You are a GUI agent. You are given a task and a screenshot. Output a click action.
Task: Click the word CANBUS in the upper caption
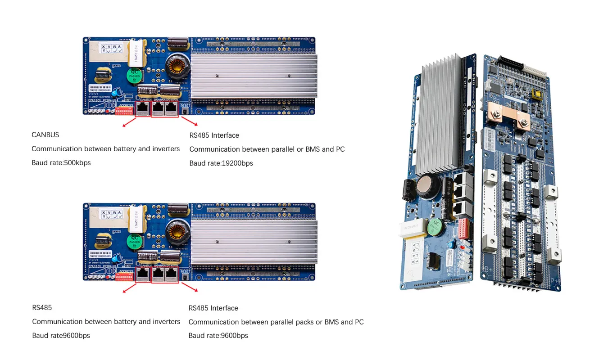[45, 135]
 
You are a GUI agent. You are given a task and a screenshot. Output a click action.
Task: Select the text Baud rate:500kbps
[61, 163]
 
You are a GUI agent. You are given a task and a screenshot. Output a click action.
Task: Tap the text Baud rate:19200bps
[221, 163]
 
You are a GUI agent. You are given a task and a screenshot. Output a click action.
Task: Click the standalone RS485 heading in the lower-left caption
[42, 308]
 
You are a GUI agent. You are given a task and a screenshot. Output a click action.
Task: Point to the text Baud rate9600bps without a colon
[61, 336]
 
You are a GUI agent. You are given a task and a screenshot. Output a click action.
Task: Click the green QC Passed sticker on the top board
[134, 75]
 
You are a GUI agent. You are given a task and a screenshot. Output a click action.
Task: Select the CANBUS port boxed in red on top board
[143, 108]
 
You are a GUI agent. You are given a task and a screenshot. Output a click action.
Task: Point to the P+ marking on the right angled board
[555, 280]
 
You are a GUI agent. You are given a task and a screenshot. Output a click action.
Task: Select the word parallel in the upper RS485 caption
[283, 149]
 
